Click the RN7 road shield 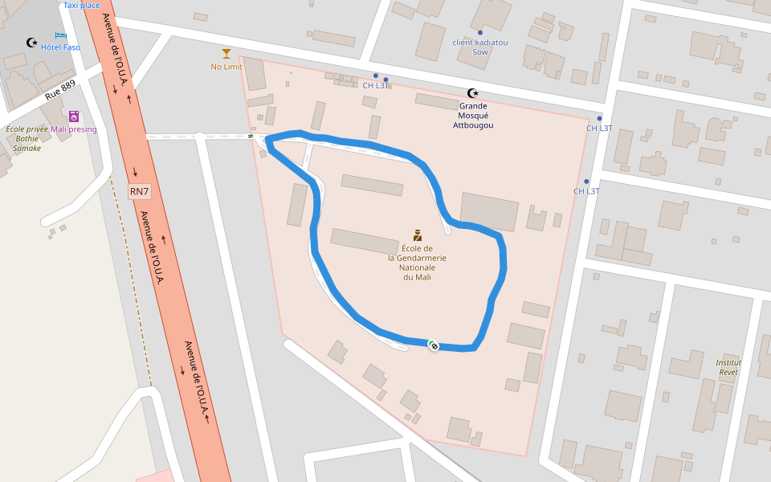click(140, 191)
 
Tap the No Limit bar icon click(226, 54)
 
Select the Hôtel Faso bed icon click(61, 35)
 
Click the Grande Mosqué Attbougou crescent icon click(473, 93)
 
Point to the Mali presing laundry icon click(74, 116)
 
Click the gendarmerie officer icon click(417, 235)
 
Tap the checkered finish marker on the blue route click(434, 345)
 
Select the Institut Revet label click(728, 367)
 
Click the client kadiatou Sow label click(480, 47)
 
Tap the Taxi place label click(82, 5)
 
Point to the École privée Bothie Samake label click(27, 138)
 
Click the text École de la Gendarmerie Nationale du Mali click(417, 263)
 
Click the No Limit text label click(226, 67)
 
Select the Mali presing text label click(74, 129)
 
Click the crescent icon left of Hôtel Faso click(32, 43)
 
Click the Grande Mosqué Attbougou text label click(473, 115)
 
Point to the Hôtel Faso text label click(61, 47)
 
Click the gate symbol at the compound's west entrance click(251, 137)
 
